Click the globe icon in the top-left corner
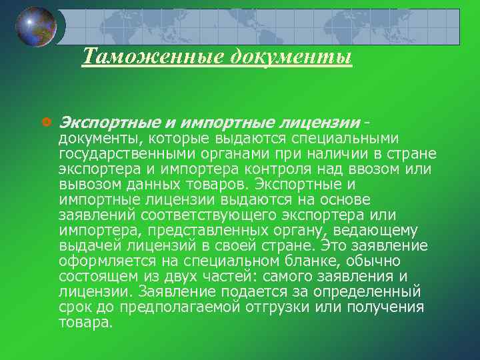tap(37, 27)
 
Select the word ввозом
tap(373, 169)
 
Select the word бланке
tap(300, 261)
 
